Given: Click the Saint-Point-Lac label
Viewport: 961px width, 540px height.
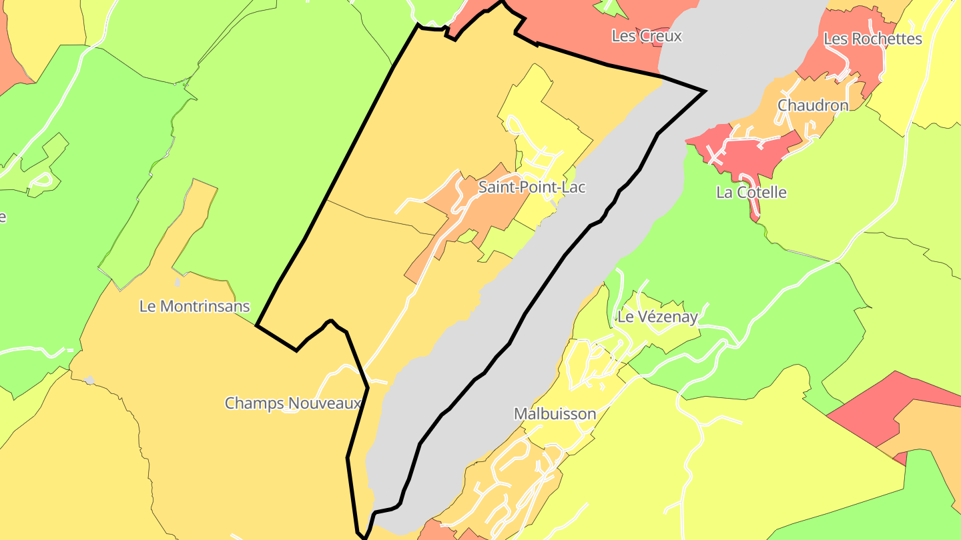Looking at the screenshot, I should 532,187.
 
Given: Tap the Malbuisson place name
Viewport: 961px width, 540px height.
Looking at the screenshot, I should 555,414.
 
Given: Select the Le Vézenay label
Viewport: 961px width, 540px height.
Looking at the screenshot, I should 657,317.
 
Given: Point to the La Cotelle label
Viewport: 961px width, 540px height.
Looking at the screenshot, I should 751,193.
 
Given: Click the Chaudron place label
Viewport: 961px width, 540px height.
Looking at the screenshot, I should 813,105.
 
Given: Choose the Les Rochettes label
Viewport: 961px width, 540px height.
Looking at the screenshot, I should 873,39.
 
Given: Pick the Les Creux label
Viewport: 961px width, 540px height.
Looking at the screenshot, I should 647,36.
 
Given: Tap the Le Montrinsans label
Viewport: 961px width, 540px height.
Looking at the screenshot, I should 194,307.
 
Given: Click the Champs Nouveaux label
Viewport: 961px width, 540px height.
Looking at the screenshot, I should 292,403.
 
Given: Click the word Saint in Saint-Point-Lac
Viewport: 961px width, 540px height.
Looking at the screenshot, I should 495,187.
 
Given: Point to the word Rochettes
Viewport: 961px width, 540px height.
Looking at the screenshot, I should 886,39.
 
